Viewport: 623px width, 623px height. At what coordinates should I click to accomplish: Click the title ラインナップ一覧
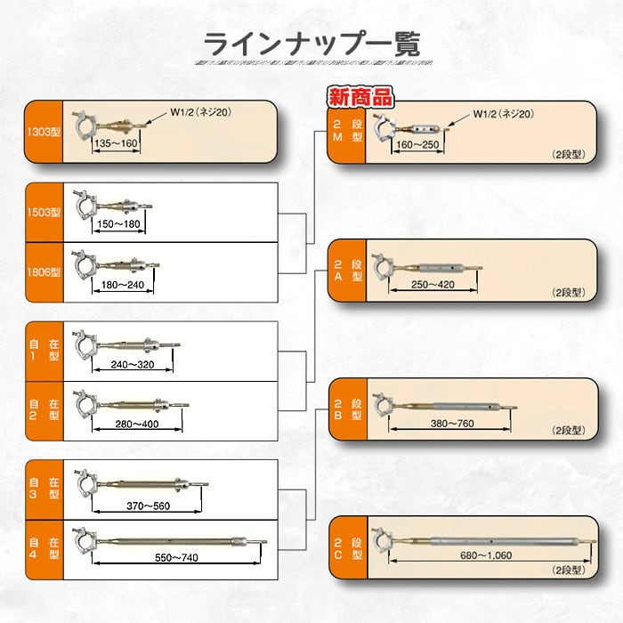(311, 43)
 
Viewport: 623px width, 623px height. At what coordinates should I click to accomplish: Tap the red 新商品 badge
(360, 97)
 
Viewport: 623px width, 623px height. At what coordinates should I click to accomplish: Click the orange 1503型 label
(43, 213)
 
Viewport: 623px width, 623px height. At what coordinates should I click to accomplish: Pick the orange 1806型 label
(43, 273)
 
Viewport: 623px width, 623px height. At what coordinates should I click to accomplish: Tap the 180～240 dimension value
(123, 285)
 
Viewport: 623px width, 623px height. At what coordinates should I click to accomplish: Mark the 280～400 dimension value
(136, 425)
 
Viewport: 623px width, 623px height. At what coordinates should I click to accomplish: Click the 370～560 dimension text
(147, 506)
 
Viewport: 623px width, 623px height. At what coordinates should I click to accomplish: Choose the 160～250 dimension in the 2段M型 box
(418, 145)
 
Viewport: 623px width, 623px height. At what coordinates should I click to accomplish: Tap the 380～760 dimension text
(451, 424)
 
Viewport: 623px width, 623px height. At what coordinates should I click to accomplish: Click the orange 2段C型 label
(347, 548)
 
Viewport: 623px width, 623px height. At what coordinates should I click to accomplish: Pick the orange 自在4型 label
(43, 547)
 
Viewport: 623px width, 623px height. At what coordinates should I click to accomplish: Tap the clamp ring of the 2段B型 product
(383, 405)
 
